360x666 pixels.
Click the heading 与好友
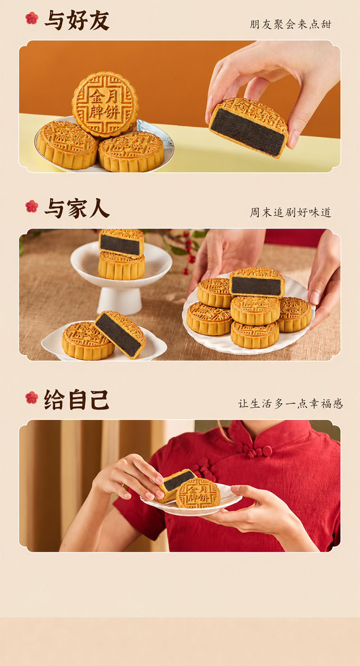tap(77, 20)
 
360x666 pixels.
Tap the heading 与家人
tap(77, 208)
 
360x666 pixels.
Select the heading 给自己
tap(76, 400)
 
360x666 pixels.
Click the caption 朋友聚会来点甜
tap(290, 24)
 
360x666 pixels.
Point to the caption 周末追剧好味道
tap(290, 212)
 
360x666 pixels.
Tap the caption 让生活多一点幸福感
tap(290, 404)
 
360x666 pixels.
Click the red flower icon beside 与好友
tap(32, 18)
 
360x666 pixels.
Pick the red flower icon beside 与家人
tap(32, 207)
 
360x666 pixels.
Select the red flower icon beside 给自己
tap(32, 398)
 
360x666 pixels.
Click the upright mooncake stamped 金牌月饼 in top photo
tap(105, 104)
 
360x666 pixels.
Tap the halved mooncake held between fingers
tap(248, 127)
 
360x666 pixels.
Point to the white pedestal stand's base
tap(119, 301)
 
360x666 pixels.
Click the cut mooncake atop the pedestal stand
tap(121, 243)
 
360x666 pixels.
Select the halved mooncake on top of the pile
tap(257, 283)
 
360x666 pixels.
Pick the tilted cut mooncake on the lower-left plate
tap(120, 334)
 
